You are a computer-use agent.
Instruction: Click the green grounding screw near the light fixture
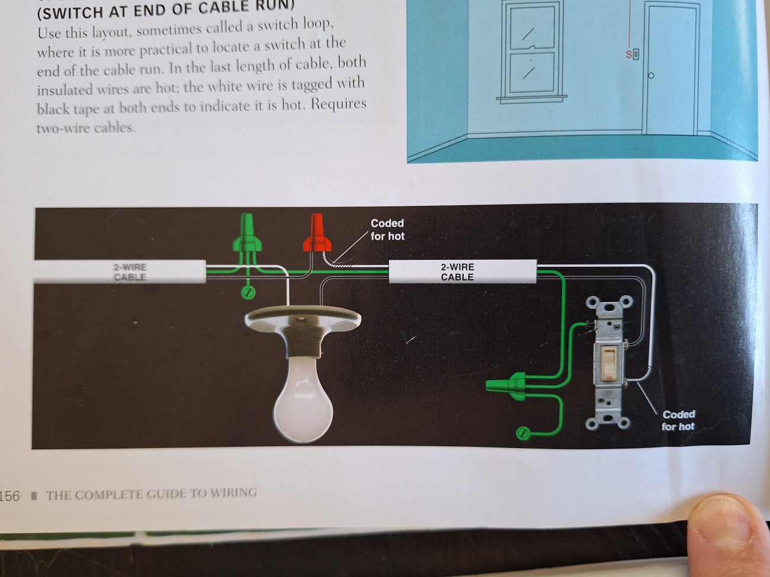coord(248,292)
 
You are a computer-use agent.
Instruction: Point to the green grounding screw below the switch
coord(523,434)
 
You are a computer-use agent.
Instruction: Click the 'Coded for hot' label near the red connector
coord(387,230)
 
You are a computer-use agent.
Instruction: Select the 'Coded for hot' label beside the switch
coord(678,420)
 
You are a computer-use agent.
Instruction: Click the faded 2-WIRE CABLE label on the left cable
coord(130,272)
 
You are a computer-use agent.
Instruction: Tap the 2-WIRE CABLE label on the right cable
coord(457,272)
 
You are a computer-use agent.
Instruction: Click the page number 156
coord(10,496)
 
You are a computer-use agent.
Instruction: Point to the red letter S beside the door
coord(628,54)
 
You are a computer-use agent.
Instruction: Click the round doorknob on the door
coord(651,76)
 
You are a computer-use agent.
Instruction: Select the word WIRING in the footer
coord(233,492)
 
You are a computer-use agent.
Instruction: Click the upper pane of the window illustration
coord(532,28)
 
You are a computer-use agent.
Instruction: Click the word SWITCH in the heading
coord(69,13)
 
